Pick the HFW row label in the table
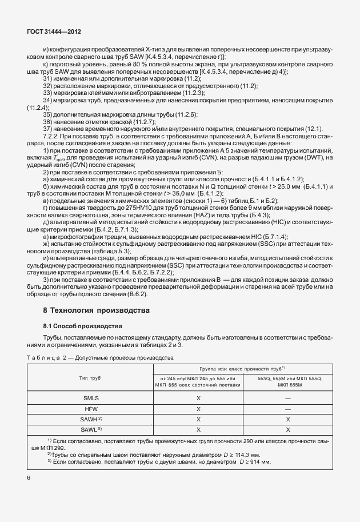pos(92,409)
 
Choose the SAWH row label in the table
pos(91,419)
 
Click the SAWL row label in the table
pos(91,429)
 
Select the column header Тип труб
pos(92,378)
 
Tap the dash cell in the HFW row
pos(288,409)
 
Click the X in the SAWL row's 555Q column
pos(288,429)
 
